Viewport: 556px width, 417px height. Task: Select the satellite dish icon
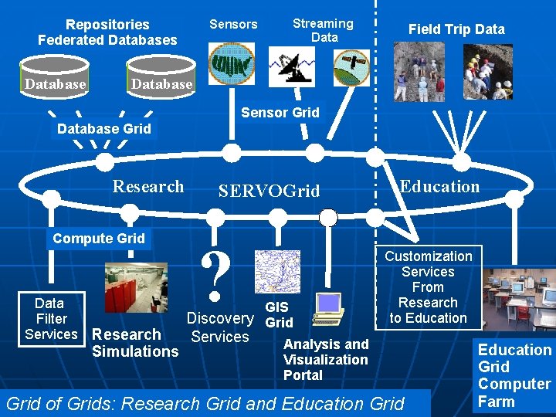(x=292, y=66)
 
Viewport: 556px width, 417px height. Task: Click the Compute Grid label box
(x=99, y=239)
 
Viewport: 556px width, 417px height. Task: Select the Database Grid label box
(x=104, y=129)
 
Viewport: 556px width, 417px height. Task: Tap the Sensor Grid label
(x=280, y=113)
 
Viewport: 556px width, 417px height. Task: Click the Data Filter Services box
(x=51, y=318)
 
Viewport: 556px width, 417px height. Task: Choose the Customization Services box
(x=429, y=286)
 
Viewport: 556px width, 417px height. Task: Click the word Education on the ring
(x=439, y=186)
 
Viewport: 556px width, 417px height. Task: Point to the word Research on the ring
(x=148, y=186)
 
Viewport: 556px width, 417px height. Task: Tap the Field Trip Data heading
(x=456, y=29)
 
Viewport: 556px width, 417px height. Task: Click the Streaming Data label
(x=323, y=30)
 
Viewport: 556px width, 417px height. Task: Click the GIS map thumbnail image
(x=277, y=271)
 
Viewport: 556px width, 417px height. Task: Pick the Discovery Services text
(x=220, y=327)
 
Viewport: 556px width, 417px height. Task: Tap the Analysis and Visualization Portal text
(x=326, y=359)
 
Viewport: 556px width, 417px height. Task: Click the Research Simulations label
(x=135, y=343)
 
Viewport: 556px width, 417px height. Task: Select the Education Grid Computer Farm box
(x=514, y=375)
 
